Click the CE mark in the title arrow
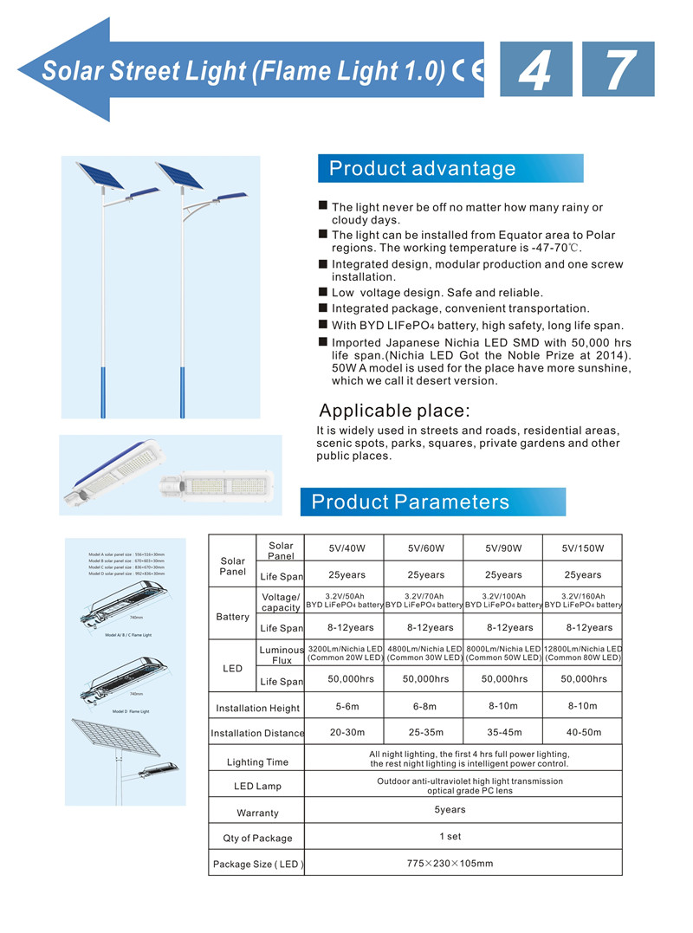tap(469, 70)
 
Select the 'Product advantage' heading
tap(422, 168)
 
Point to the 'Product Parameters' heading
tap(411, 502)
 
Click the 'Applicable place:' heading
tap(394, 411)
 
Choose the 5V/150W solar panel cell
tap(582, 548)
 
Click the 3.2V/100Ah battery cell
tap(503, 600)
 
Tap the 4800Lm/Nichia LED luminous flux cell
tap(424, 653)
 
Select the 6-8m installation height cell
tap(424, 706)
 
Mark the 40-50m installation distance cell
tap(582, 732)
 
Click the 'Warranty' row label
tap(257, 813)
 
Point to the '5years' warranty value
tap(450, 810)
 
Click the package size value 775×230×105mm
tap(450, 863)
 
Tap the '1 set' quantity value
tap(450, 836)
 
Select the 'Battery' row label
tap(232, 617)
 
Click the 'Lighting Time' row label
tap(257, 762)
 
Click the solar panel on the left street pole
tap(98, 176)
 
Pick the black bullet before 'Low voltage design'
tap(323, 292)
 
